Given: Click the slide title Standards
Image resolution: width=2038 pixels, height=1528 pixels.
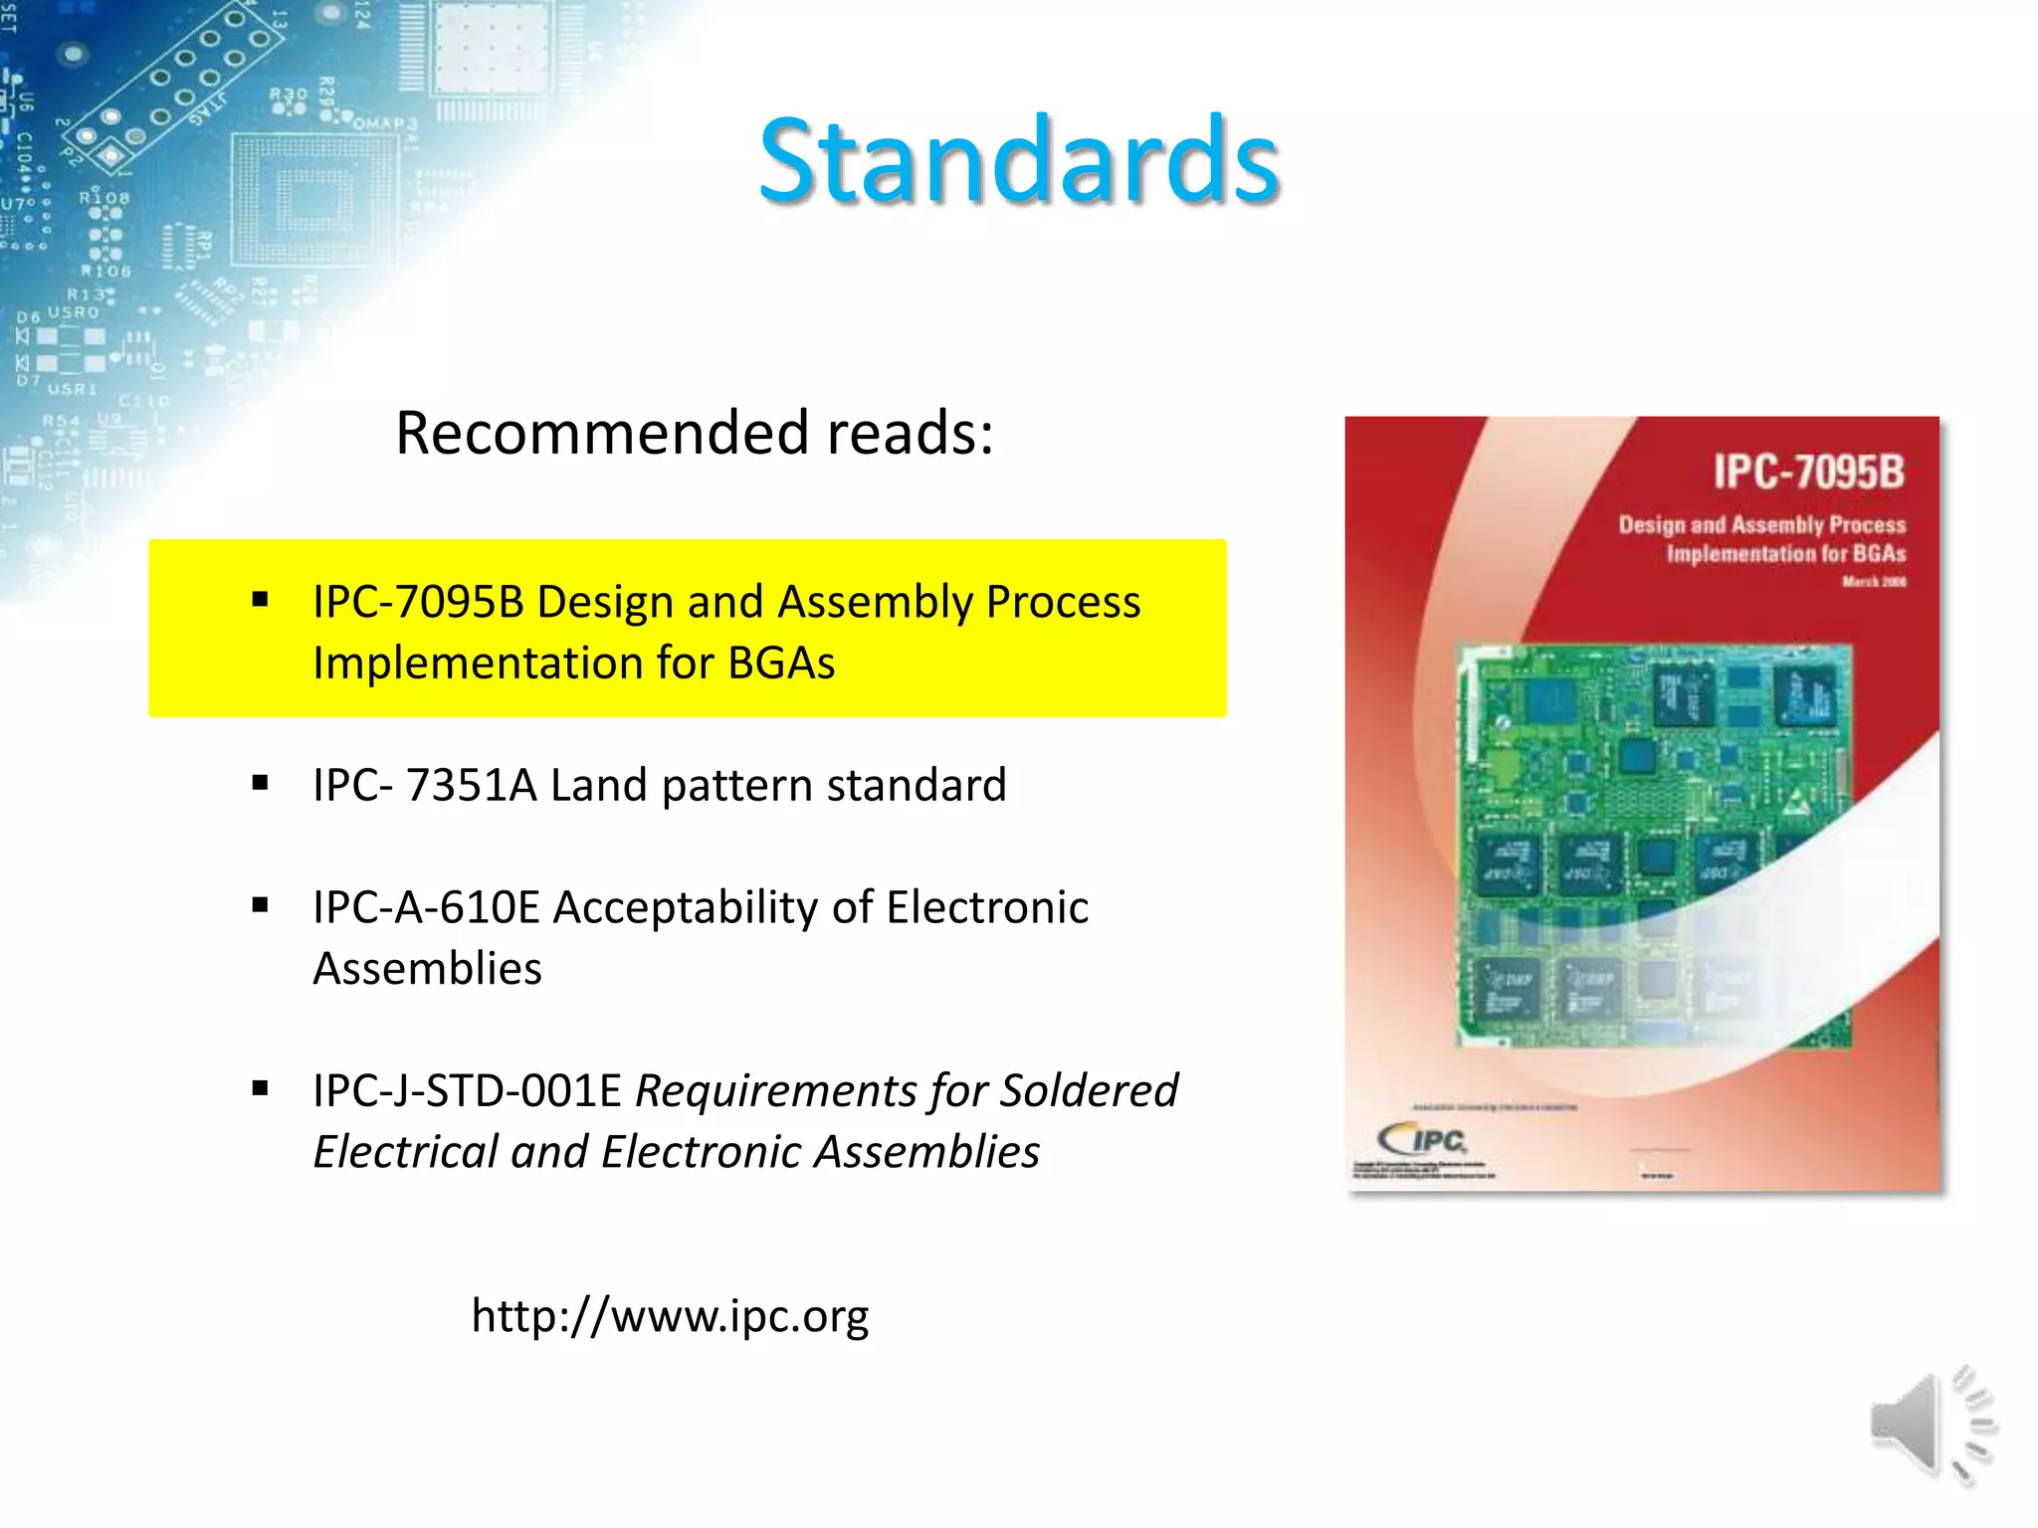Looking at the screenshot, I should click(1018, 161).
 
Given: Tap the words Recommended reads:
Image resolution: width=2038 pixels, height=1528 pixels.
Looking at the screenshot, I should click(695, 433).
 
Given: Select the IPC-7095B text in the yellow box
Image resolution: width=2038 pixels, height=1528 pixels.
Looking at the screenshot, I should click(418, 602).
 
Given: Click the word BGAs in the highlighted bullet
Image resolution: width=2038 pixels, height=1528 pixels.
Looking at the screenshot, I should click(781, 664).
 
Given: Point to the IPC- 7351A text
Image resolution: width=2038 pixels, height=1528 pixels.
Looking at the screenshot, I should click(425, 785).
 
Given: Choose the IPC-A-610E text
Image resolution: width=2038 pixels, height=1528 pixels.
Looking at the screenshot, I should click(426, 907).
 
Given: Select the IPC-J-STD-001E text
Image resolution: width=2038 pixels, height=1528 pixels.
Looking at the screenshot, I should click(467, 1090).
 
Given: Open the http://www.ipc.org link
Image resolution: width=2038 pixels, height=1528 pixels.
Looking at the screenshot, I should click(670, 1315).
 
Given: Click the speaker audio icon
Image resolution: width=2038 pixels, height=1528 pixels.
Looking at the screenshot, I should click(1931, 1425).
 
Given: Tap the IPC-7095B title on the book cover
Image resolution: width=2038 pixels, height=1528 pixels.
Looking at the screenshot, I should click(1807, 472).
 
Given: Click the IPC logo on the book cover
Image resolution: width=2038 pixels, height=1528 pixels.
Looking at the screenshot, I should click(1423, 1139).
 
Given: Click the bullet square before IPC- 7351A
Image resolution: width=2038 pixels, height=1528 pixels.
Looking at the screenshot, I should click(261, 783).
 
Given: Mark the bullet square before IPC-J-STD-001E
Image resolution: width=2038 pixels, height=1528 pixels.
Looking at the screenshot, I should click(261, 1088).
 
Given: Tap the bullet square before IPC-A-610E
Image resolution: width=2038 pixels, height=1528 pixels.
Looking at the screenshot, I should click(261, 905).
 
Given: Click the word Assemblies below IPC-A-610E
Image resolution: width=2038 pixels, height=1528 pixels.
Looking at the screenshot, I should click(428, 969).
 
